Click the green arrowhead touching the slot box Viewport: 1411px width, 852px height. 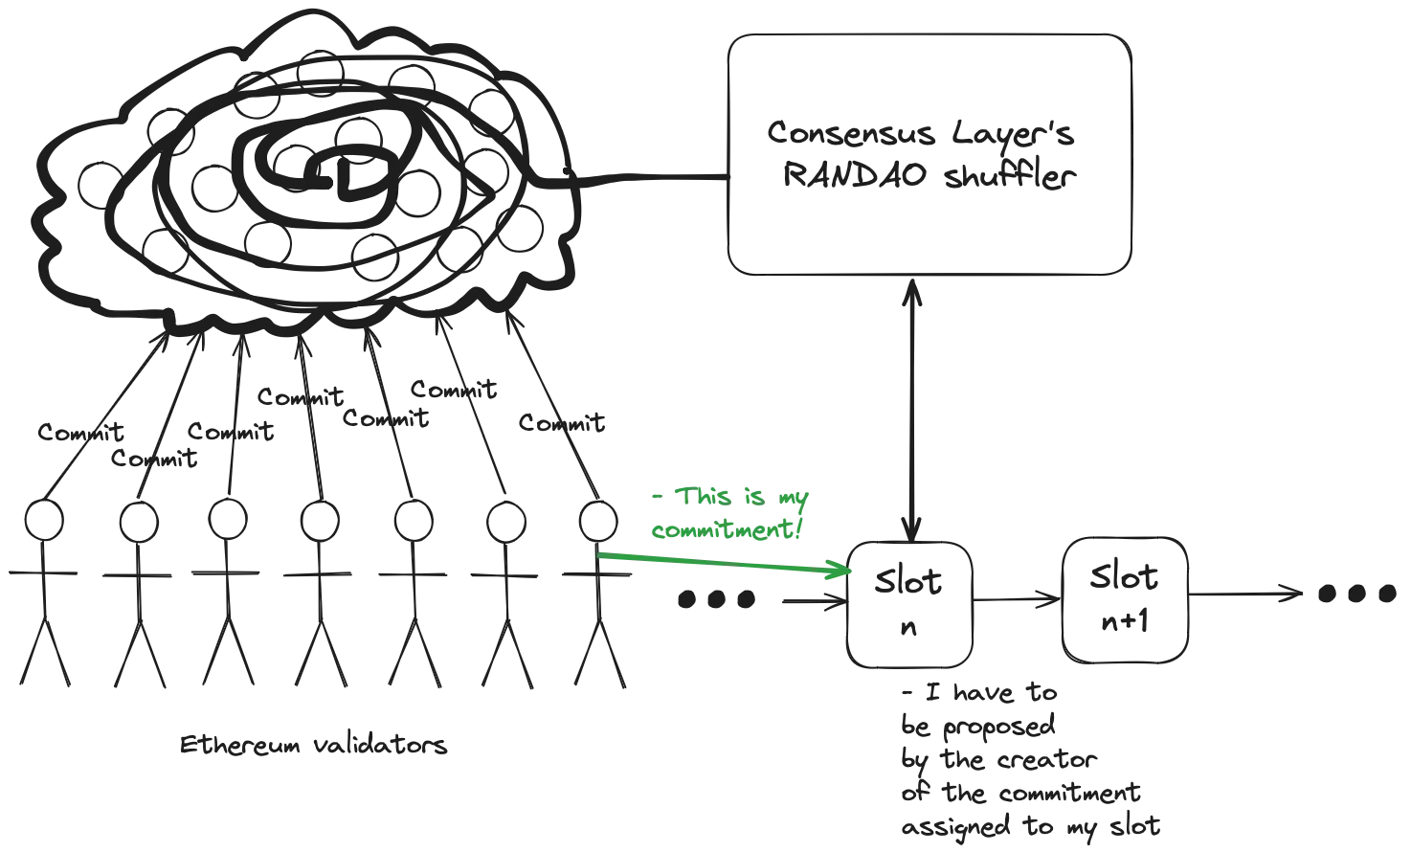coord(840,572)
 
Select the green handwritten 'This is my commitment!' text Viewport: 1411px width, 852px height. coord(730,513)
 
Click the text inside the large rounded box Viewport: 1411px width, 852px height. coord(925,156)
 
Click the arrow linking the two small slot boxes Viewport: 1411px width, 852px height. coord(1018,602)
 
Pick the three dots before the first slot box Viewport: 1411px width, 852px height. coord(716,602)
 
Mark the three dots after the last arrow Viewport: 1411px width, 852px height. coord(1357,594)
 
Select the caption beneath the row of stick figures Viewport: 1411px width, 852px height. coord(313,746)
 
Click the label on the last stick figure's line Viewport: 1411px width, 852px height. coord(559,424)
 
